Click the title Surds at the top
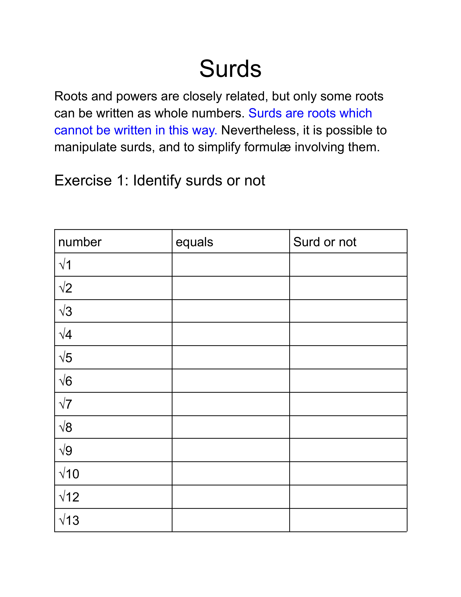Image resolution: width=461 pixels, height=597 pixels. click(x=230, y=69)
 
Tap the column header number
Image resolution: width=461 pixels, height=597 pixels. click(x=80, y=242)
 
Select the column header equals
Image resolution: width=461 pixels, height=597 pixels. click(x=194, y=242)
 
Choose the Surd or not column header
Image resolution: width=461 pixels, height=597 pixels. click(x=325, y=242)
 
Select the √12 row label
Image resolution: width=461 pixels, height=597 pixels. click(x=69, y=497)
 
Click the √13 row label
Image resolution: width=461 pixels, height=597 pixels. click(x=69, y=520)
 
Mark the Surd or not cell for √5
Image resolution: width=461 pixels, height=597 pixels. click(x=348, y=357)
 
